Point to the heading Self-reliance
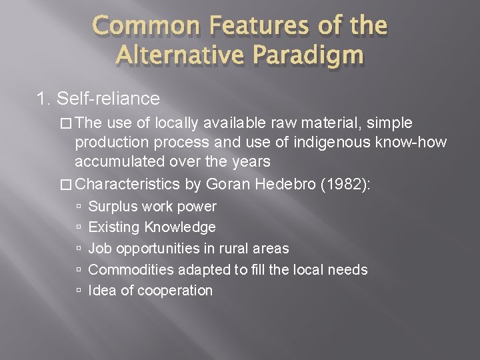[x=109, y=99]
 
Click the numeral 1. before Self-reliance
[x=44, y=99]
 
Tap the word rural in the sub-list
[x=225, y=249]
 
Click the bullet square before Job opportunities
[x=79, y=249]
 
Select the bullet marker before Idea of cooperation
[x=79, y=291]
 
